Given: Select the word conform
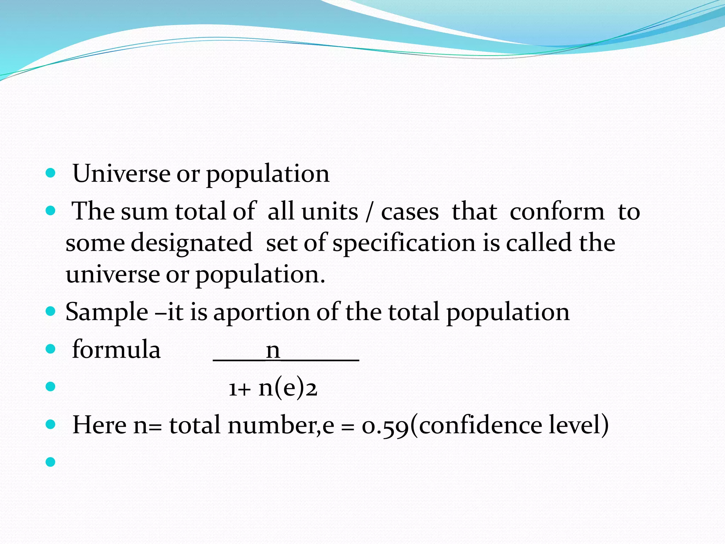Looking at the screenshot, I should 557,212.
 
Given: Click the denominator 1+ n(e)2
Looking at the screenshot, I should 273,388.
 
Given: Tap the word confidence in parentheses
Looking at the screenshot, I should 480,425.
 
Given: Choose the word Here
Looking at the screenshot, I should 99,425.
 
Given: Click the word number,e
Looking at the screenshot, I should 281,425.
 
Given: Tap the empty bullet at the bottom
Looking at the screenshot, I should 51,462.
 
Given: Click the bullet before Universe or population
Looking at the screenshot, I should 51,173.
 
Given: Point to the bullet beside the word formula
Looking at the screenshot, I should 51,349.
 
